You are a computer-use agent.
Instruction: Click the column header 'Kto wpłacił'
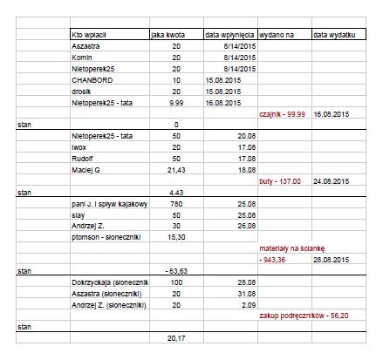click(95, 35)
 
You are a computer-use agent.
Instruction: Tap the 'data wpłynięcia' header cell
click(229, 35)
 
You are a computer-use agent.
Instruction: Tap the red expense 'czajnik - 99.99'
click(284, 113)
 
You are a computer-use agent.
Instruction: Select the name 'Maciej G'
click(88, 169)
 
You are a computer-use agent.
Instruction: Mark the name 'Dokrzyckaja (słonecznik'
click(110, 282)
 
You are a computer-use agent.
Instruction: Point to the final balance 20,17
click(175, 337)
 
